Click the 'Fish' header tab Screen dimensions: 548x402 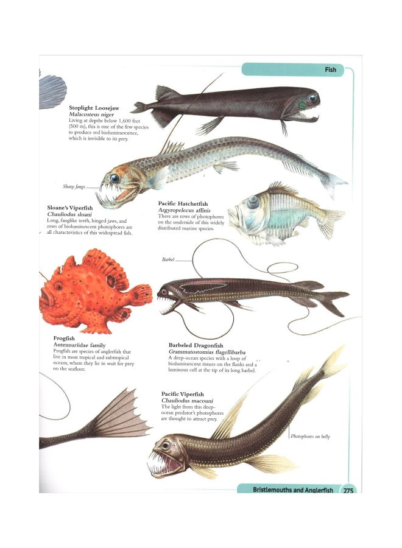click(330, 70)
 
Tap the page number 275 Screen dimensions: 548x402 click(348, 490)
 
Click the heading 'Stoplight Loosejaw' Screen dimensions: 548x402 click(94, 108)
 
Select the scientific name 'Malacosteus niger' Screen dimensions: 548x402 click(91, 114)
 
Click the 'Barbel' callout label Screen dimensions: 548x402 click(168, 259)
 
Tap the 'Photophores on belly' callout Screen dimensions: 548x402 click(310, 437)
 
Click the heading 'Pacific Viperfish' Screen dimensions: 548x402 click(186, 394)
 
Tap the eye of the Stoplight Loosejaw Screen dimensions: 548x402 click(312, 98)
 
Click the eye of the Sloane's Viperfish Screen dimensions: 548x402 click(115, 178)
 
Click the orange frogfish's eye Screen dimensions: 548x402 click(58, 286)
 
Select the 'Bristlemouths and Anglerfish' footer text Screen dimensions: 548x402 click(292, 490)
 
